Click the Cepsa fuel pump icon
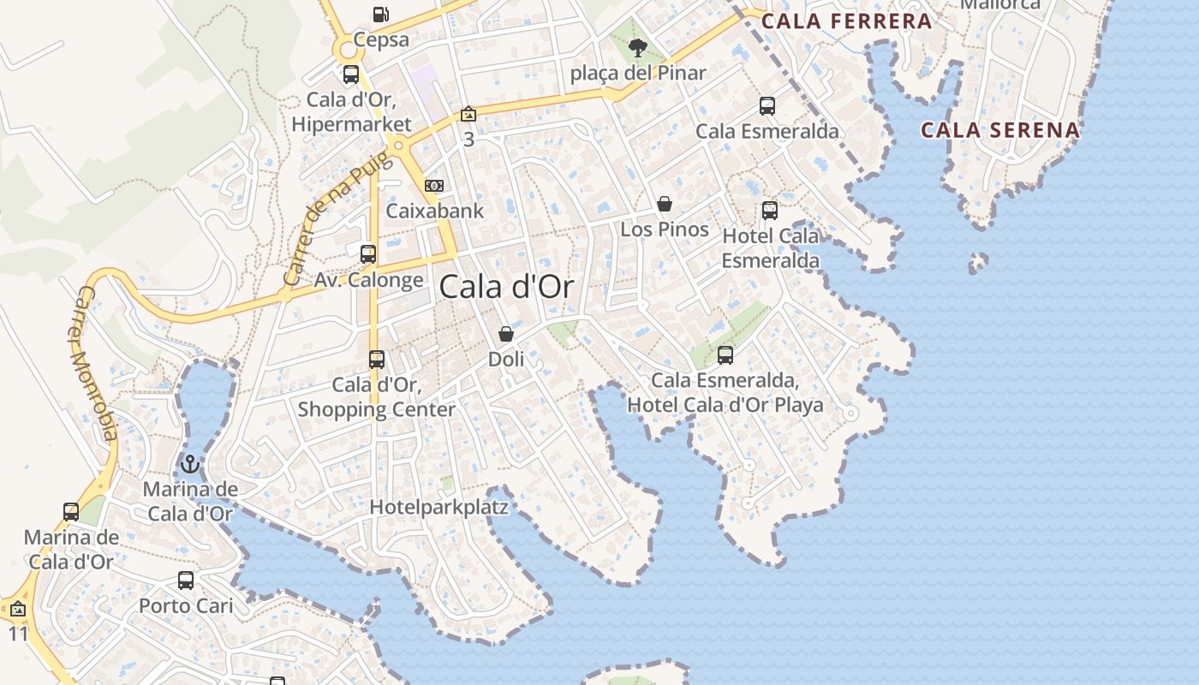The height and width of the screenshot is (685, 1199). pyautogui.click(x=380, y=15)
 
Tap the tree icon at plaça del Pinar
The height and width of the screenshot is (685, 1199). pyautogui.click(x=637, y=47)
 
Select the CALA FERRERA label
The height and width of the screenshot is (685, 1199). pyautogui.click(x=846, y=21)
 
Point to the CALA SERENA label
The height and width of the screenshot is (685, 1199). pyautogui.click(x=1000, y=130)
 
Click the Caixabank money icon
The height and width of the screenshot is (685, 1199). pyautogui.click(x=434, y=186)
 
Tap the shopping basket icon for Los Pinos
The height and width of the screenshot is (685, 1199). pyautogui.click(x=665, y=204)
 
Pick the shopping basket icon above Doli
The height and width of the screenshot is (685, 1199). pyautogui.click(x=506, y=334)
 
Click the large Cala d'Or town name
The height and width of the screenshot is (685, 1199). pyautogui.click(x=506, y=287)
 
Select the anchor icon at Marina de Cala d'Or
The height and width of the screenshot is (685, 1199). pyautogui.click(x=190, y=465)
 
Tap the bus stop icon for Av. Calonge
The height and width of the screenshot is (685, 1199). pyautogui.click(x=368, y=253)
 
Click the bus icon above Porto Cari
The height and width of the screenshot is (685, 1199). pyautogui.click(x=186, y=581)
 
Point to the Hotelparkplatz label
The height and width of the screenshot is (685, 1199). pyautogui.click(x=438, y=507)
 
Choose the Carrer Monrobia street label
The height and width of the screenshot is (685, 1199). pyautogui.click(x=96, y=363)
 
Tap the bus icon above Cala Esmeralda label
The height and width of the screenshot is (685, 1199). pyautogui.click(x=767, y=106)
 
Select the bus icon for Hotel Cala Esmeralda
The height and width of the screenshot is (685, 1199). pyautogui.click(x=770, y=210)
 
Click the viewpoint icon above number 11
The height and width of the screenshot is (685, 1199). pyautogui.click(x=18, y=610)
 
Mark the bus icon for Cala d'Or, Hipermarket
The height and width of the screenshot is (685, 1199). pyautogui.click(x=351, y=74)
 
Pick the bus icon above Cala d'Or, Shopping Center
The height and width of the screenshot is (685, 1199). pyautogui.click(x=377, y=360)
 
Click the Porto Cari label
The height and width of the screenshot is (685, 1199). pyautogui.click(x=186, y=605)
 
